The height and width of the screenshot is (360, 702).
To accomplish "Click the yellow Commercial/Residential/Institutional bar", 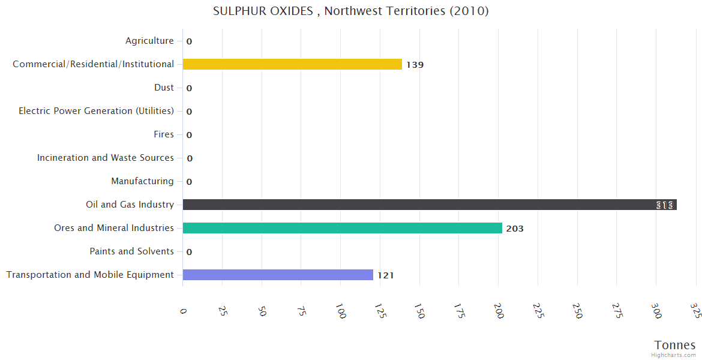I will pyautogui.click(x=292, y=64).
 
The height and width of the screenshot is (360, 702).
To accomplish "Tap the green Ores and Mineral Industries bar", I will pyautogui.click(x=342, y=228).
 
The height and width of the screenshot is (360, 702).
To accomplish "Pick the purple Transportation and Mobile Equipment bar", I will pyautogui.click(x=278, y=275).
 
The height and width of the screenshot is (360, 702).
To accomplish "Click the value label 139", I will pyautogui.click(x=415, y=65).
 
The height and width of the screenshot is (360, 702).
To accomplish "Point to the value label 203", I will pyautogui.click(x=515, y=229).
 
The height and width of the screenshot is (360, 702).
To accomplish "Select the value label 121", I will pyautogui.click(x=385, y=275).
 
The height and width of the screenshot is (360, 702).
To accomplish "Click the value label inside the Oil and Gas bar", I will pyautogui.click(x=665, y=205).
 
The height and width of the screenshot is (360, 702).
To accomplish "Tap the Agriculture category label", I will pyautogui.click(x=149, y=41).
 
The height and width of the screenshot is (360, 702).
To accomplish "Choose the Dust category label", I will pyautogui.click(x=164, y=88).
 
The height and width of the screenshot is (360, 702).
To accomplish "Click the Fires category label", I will pyautogui.click(x=164, y=134).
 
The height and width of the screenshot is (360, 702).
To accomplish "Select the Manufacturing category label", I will pyautogui.click(x=142, y=181).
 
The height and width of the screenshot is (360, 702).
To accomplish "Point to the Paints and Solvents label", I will pyautogui.click(x=131, y=251).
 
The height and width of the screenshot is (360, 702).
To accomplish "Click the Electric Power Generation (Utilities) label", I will pyautogui.click(x=96, y=111).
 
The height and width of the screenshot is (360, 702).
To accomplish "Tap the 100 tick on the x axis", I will pyautogui.click(x=340, y=311).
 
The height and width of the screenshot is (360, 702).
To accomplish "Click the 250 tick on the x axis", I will pyautogui.click(x=577, y=311).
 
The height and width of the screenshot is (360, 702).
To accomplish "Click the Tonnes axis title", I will pyautogui.click(x=674, y=345).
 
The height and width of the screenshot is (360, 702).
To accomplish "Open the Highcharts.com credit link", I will pyautogui.click(x=673, y=355).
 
